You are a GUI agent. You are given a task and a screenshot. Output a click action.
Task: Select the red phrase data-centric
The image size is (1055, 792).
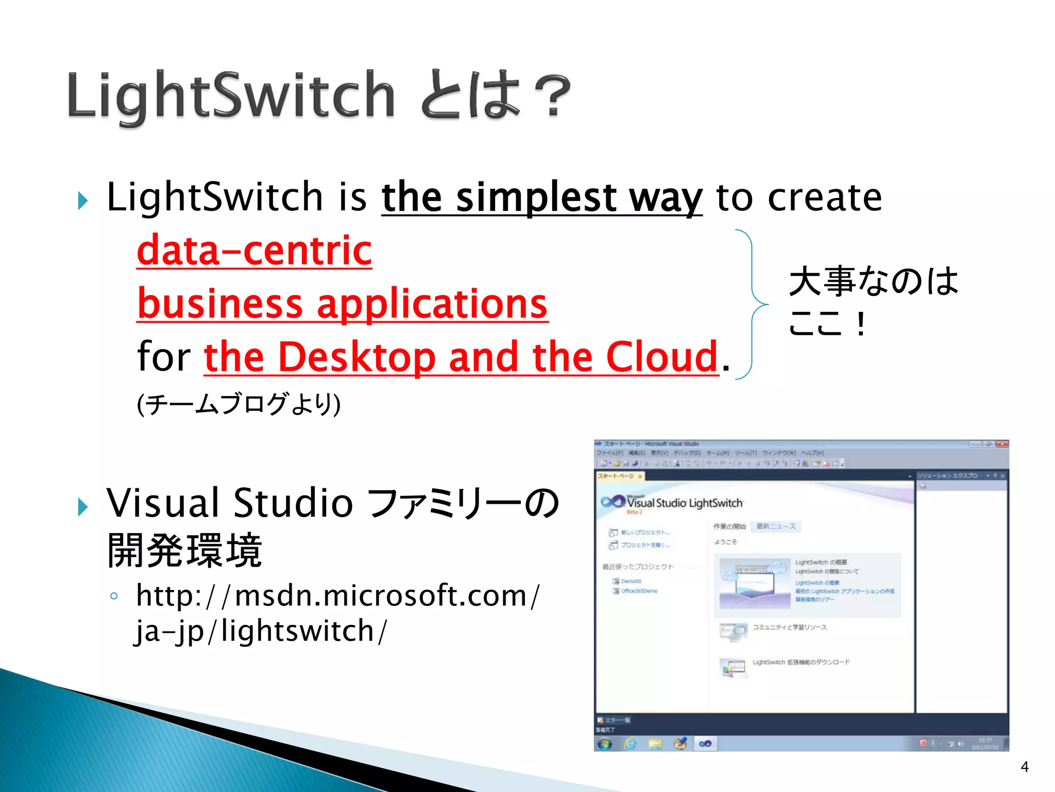coord(254,251)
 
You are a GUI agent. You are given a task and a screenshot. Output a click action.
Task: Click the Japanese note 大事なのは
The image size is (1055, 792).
coord(873,282)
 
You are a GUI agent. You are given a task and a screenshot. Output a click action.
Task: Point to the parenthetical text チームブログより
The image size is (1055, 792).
coord(238,404)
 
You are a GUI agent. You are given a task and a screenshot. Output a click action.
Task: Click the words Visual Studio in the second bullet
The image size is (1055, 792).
coord(230,503)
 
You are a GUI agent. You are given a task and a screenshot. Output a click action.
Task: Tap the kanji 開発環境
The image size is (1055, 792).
coord(184,551)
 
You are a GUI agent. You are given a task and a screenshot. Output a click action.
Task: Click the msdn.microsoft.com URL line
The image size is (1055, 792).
coord(337,596)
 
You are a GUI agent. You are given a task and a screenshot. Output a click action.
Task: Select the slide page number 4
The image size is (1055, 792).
coord(1024,767)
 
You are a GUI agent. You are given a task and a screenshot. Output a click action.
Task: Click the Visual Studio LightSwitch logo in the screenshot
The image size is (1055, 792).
coord(672,503)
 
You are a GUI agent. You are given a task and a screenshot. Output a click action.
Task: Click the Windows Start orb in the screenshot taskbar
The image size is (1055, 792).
coord(605,744)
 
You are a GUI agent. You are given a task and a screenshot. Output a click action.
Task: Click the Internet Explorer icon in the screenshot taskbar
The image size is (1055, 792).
coord(630,744)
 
